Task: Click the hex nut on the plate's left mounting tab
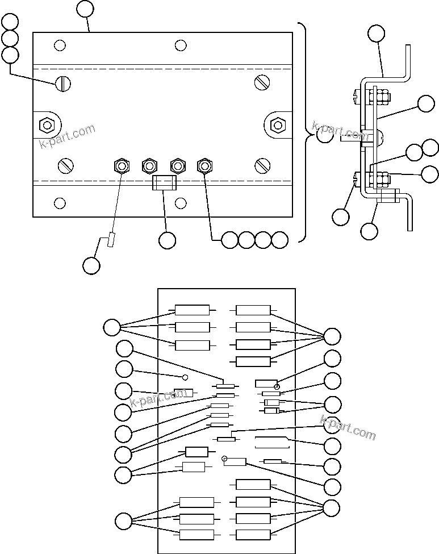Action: pos(47,124)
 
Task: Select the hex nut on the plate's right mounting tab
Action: pos(277,124)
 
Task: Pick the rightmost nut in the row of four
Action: pos(204,165)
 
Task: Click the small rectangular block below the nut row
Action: pos(165,183)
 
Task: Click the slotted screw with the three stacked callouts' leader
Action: pos(63,84)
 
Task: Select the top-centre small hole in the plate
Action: pos(181,45)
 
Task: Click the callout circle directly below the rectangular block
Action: pos(167,240)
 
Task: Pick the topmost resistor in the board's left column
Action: pos(192,310)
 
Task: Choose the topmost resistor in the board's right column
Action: pos(253,310)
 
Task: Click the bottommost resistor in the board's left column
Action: pos(196,535)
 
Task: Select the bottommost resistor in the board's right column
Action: pos(253,535)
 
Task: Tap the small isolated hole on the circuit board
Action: pos(185,377)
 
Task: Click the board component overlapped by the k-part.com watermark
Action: pos(183,393)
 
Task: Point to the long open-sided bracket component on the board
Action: pos(273,443)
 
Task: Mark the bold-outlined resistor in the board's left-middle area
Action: pos(197,452)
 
